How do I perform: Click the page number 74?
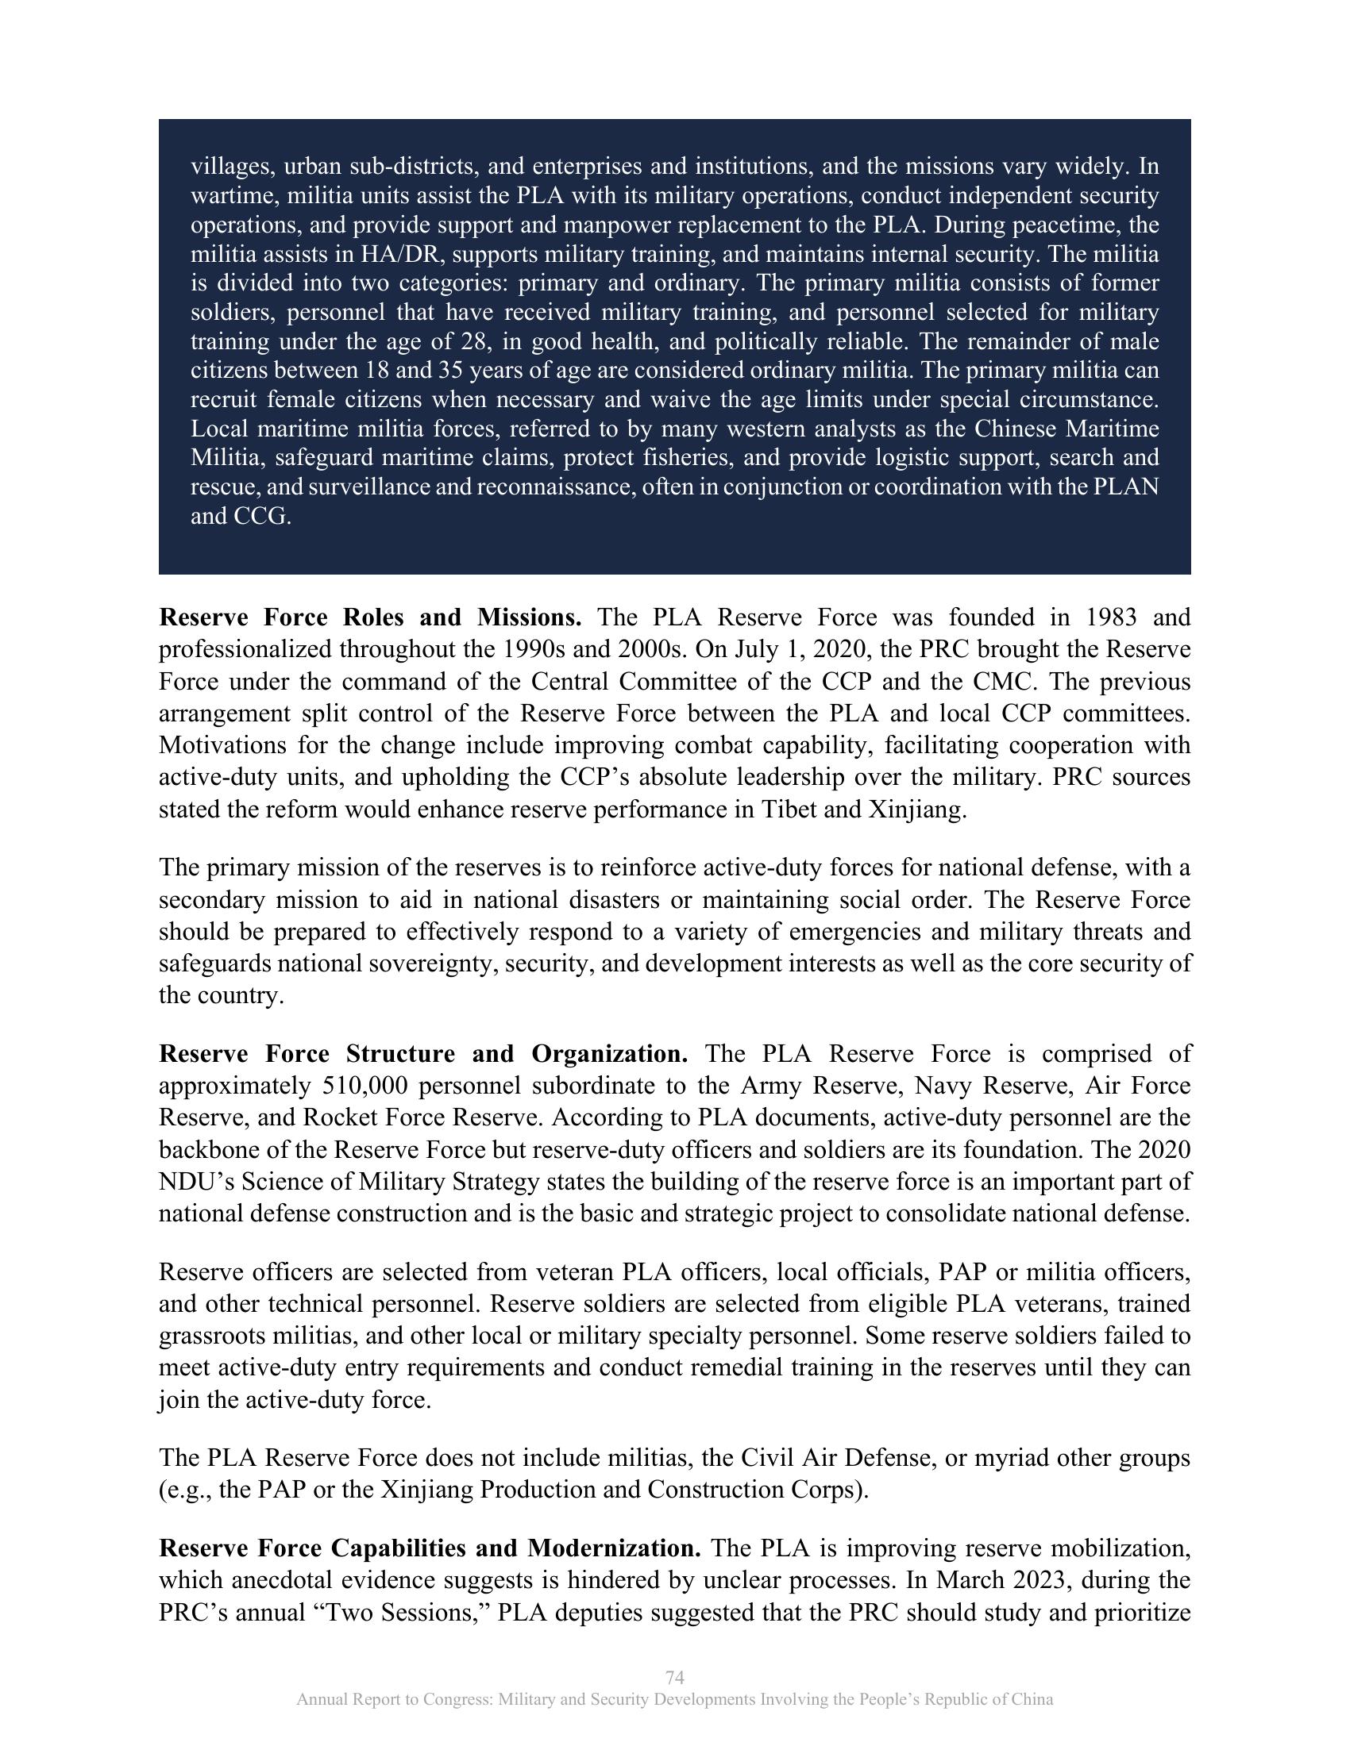tap(674, 1677)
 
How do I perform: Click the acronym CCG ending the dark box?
tap(259, 517)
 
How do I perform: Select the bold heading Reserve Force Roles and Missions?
tap(370, 617)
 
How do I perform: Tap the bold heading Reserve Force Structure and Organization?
tap(423, 1054)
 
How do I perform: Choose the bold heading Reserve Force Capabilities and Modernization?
tap(430, 1548)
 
